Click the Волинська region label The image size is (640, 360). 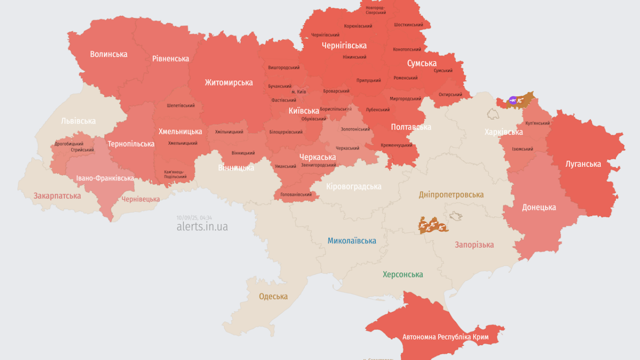click(x=108, y=54)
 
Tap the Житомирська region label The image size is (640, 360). click(x=228, y=82)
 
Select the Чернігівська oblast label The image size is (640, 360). click(x=344, y=45)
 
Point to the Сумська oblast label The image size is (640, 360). click(x=421, y=63)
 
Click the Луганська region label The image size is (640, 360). click(x=583, y=163)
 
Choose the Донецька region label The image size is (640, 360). click(x=539, y=207)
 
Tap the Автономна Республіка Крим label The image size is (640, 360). click(x=445, y=337)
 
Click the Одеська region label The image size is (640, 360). click(x=273, y=296)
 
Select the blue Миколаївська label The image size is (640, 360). click(x=351, y=241)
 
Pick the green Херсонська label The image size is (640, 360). click(x=402, y=274)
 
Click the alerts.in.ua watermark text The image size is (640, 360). click(x=202, y=226)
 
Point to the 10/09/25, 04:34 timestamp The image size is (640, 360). click(x=194, y=217)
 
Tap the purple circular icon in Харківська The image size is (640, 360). click(x=512, y=100)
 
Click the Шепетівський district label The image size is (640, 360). click(x=180, y=105)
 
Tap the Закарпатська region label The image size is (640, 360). click(x=57, y=196)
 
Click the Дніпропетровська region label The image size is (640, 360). click(x=451, y=194)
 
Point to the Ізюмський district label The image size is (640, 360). click(x=522, y=149)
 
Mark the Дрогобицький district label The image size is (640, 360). click(x=69, y=143)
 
